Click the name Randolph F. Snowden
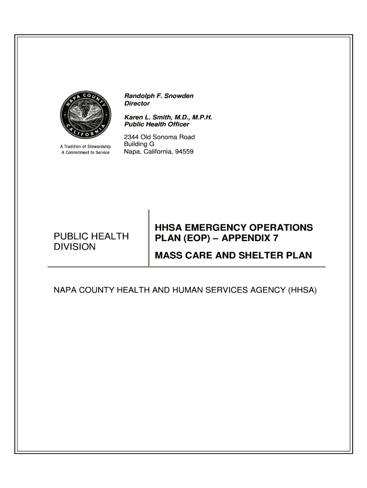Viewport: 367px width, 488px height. click(x=159, y=96)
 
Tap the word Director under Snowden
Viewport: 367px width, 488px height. click(x=137, y=103)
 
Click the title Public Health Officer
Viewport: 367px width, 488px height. click(x=156, y=124)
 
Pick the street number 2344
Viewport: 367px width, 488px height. click(x=132, y=137)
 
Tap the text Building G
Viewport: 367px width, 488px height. click(x=139, y=144)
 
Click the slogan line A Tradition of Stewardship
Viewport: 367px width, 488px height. click(x=85, y=146)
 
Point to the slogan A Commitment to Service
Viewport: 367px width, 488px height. click(x=85, y=152)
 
